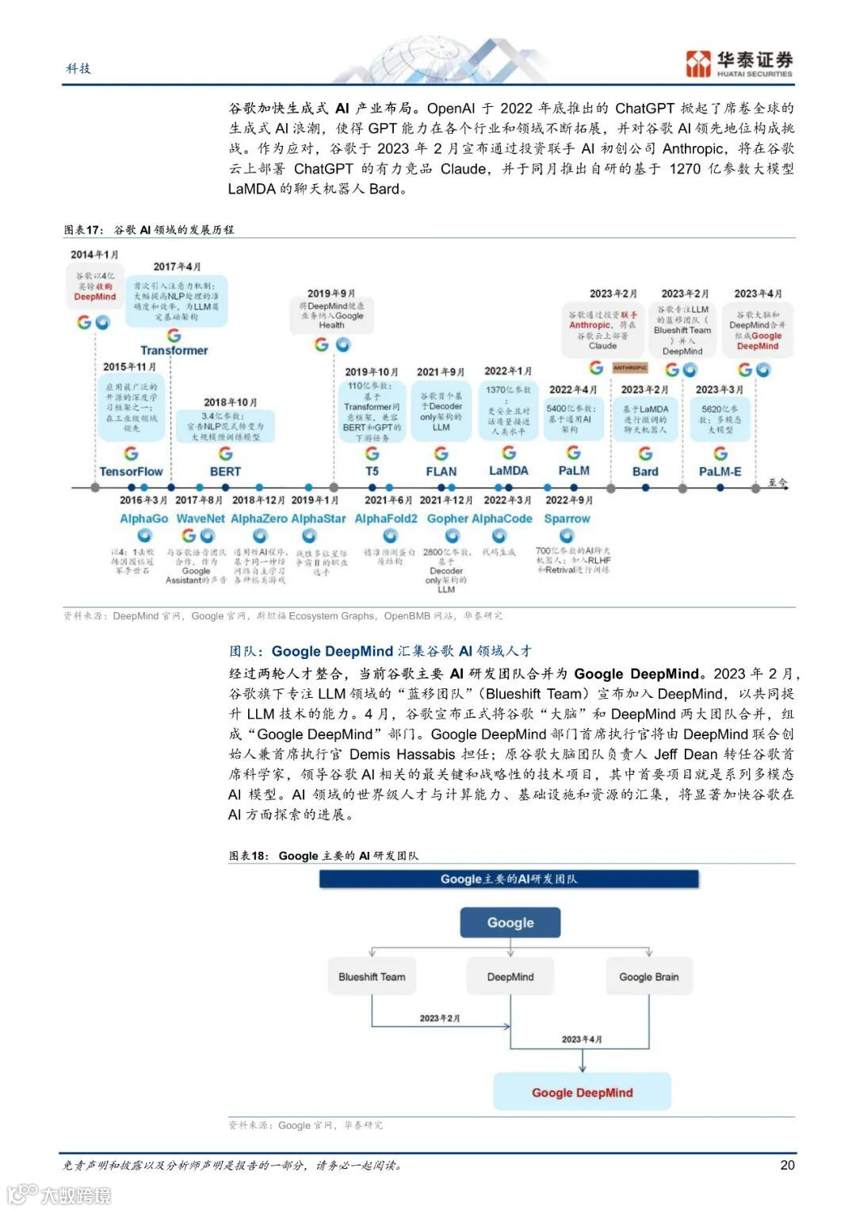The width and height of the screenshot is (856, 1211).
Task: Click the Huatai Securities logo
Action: (x=739, y=63)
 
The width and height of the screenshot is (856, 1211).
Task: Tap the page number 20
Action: (x=787, y=1164)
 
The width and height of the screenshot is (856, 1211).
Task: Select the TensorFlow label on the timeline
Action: (x=131, y=471)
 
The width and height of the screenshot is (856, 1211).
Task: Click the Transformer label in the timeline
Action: (x=174, y=350)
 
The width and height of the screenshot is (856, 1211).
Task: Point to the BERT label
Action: (x=225, y=471)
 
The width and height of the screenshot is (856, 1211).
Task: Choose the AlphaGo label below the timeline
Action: (x=143, y=519)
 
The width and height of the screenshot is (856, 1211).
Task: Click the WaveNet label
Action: (x=200, y=519)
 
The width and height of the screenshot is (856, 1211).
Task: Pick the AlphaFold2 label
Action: (x=385, y=519)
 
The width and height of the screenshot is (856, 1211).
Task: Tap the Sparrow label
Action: (x=567, y=519)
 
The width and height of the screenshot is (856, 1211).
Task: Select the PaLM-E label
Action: (x=720, y=471)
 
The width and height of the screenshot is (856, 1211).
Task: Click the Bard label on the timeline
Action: (x=645, y=471)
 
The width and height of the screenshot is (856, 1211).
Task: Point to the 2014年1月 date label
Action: (x=94, y=255)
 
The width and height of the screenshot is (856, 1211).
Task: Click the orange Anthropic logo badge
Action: (x=630, y=368)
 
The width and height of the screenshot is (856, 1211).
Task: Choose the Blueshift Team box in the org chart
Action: (x=371, y=977)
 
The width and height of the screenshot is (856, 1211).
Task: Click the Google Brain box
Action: (x=648, y=977)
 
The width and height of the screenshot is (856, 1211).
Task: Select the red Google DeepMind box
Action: (x=582, y=1092)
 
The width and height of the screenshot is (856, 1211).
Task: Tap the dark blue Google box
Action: (x=510, y=922)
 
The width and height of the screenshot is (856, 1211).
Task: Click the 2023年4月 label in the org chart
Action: (x=582, y=1039)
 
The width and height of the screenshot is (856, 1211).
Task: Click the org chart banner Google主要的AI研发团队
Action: (x=509, y=879)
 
